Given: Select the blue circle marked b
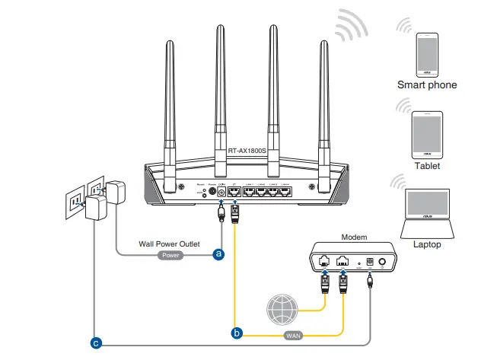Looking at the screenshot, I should (x=236, y=332).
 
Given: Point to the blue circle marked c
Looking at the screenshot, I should (x=95, y=343).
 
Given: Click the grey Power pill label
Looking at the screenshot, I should (x=170, y=256).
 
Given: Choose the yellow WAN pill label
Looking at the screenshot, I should (x=294, y=335).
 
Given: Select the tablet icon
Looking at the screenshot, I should (x=427, y=133).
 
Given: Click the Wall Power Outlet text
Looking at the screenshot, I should (x=169, y=244).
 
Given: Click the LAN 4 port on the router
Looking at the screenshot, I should (x=284, y=191).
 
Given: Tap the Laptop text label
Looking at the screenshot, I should (x=427, y=245).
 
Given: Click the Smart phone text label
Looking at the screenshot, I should (x=427, y=85).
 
